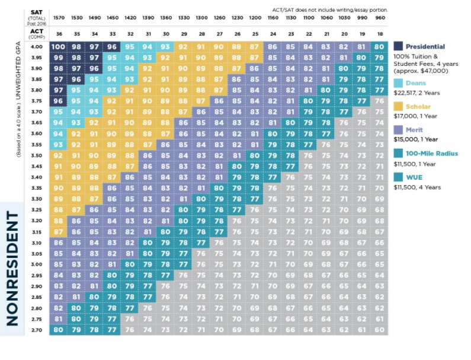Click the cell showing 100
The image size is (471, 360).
pyautogui.click(x=59, y=46)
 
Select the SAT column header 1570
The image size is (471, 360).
pyautogui.click(x=59, y=18)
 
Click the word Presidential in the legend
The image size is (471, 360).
pyautogui.click(x=425, y=46)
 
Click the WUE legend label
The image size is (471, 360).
pyautogui.click(x=414, y=176)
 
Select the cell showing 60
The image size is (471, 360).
pyautogui.click(x=380, y=330)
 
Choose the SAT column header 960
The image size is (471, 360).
pyautogui.click(x=380, y=18)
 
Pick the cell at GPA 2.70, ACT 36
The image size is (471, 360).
pyautogui.click(x=59, y=330)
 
